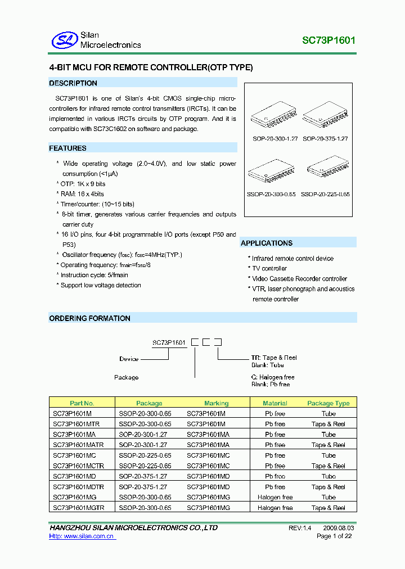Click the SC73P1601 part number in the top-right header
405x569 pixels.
pos(328,40)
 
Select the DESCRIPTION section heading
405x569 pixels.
pos(73,83)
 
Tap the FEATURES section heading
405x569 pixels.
pos(67,148)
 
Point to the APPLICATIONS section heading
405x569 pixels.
pos(267,243)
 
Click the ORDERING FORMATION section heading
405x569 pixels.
pos(89,318)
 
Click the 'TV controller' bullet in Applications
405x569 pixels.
pos(269,269)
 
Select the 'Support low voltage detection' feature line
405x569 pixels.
pos(101,285)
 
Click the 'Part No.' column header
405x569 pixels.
pos(82,403)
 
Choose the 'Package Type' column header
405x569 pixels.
pos(328,403)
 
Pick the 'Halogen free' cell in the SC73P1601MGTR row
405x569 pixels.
pos(275,508)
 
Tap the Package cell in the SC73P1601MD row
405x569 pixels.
pos(143,476)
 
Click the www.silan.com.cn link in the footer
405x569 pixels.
pos(82,536)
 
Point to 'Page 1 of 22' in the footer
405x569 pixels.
pos(334,536)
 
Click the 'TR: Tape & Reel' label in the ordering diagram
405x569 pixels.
pos(274,358)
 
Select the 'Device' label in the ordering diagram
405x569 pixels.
pos(129,359)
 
